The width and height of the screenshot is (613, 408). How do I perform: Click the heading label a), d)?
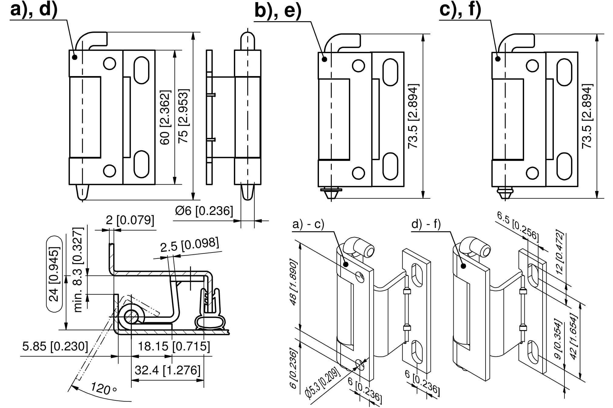tap(34, 10)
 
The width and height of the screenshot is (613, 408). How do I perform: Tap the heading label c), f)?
tap(460, 10)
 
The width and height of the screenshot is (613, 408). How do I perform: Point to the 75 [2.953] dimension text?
tap(183, 116)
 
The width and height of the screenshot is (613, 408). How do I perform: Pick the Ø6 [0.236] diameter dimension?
tap(204, 211)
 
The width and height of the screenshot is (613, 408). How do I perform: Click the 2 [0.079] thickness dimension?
tap(130, 220)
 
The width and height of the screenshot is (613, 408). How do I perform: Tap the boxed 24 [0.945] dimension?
tap(55, 274)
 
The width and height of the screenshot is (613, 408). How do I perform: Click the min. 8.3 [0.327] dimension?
tap(78, 270)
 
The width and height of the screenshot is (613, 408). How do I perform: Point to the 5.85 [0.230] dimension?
tap(55, 346)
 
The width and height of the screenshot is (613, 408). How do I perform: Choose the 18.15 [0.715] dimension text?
tap(174, 346)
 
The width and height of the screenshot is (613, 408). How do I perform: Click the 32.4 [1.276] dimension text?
tap(168, 370)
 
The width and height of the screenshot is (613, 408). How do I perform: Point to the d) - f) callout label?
tap(426, 225)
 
